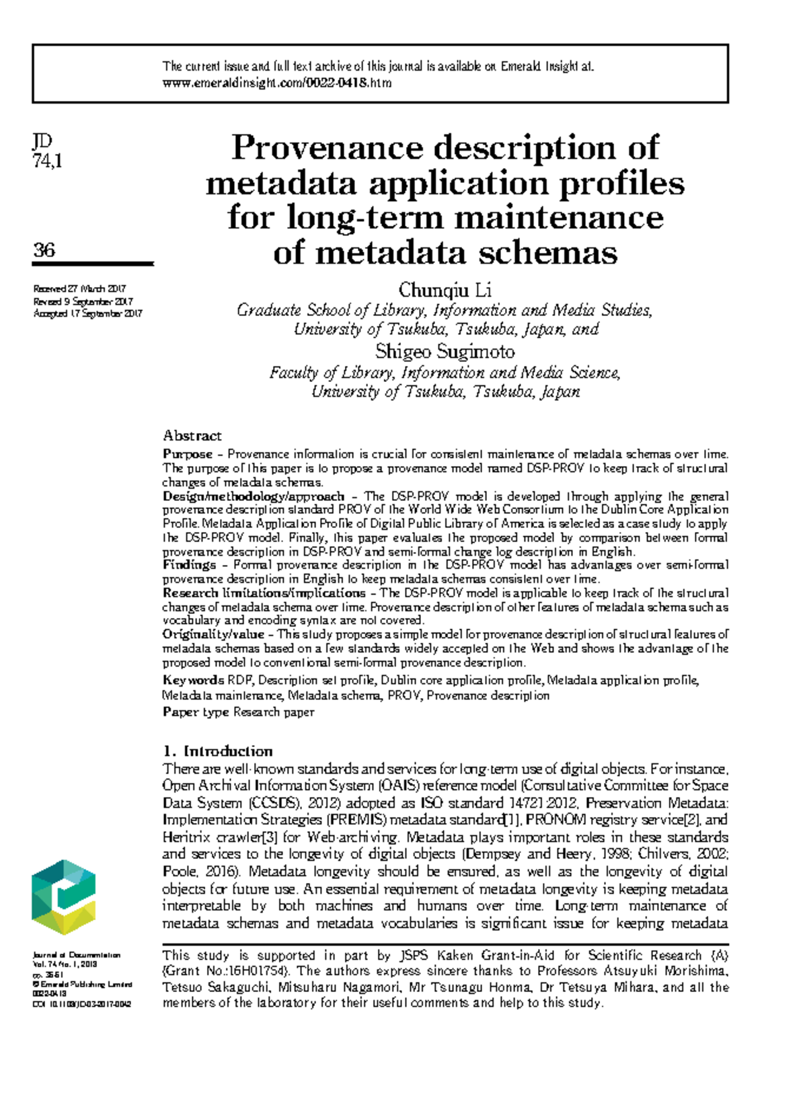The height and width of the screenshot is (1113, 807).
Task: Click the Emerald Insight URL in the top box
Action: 276,83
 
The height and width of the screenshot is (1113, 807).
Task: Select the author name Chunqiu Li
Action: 445,290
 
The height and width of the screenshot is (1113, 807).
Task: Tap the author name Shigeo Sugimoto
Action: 445,352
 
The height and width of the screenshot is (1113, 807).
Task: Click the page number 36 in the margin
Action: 44,250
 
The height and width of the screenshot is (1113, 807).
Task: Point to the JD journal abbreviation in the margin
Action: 42,141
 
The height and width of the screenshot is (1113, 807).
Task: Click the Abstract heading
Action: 192,436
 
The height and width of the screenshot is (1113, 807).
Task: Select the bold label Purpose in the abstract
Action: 188,455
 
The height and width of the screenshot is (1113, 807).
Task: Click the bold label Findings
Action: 189,565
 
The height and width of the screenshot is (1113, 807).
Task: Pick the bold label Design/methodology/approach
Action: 254,496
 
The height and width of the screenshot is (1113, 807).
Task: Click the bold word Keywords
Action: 193,681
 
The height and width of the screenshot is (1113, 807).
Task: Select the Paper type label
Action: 196,712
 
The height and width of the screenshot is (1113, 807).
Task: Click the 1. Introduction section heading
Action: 218,751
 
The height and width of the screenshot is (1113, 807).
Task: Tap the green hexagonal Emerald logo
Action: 64,896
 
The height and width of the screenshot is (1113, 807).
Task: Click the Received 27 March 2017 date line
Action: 80,289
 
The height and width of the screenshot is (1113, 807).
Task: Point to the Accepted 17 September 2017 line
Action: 87,313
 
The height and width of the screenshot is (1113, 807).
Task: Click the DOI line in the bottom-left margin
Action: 81,1004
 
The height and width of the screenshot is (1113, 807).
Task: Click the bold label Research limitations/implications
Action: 264,593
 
